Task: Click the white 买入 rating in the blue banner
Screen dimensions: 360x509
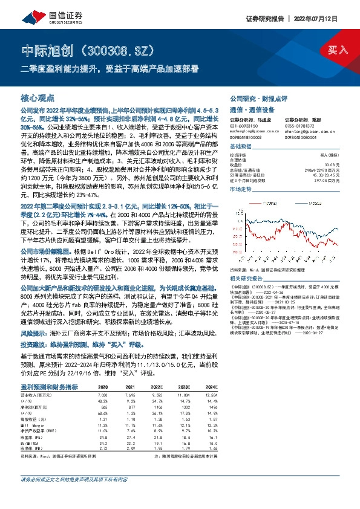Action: [x=338, y=50]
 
